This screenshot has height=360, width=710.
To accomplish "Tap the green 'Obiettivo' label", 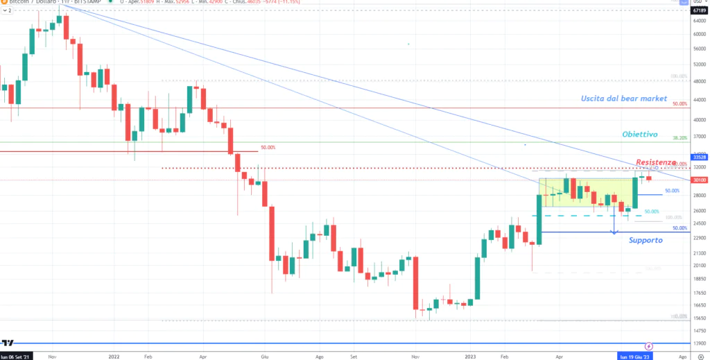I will [638, 134].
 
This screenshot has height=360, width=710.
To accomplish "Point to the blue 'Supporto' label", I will [646, 240].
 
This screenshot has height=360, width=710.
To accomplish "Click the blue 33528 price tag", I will [698, 157].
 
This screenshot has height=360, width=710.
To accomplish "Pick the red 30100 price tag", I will [698, 180].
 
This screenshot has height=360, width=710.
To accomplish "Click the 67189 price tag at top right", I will [698, 10].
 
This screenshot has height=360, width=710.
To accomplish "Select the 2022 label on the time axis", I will [115, 355].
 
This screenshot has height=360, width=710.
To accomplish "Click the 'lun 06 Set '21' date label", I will [16, 355].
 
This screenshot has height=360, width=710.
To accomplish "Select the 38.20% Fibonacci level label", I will [680, 138].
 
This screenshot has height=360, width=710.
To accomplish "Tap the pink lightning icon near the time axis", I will [649, 345].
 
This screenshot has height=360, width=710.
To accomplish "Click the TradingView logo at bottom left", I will [8, 343].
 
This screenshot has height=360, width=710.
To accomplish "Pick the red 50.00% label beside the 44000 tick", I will [679, 104].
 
